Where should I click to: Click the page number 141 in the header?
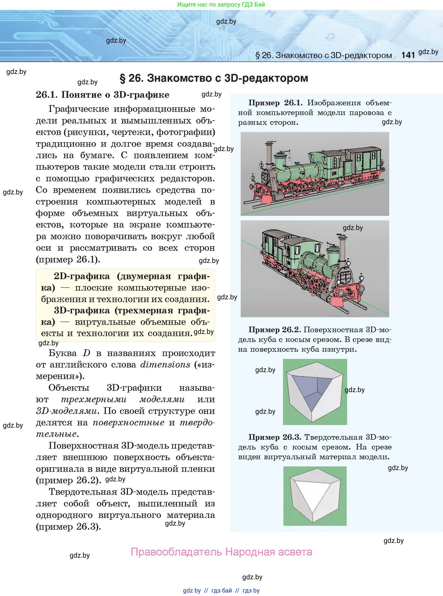pyautogui.click(x=408, y=55)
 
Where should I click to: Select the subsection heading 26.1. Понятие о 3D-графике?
pyautogui.click(x=102, y=94)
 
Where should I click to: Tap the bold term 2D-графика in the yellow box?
pyautogui.click(x=82, y=276)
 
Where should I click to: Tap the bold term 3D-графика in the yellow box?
pyautogui.click(x=82, y=310)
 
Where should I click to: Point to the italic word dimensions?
pyautogui.click(x=165, y=365)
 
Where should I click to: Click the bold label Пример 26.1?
pyautogui.click(x=275, y=103)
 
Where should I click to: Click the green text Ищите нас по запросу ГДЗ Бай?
pyautogui.click(x=221, y=4)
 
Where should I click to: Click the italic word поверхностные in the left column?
pyautogui.click(x=128, y=423)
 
